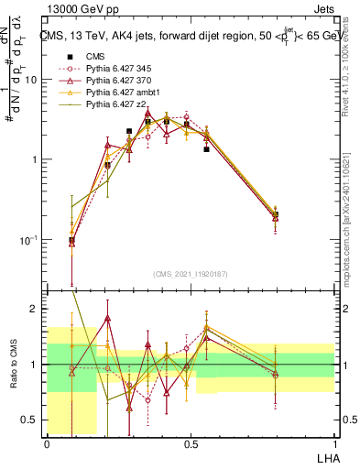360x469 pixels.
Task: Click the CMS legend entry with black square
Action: click(x=95, y=56)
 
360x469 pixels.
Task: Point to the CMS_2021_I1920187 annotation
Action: click(x=190, y=272)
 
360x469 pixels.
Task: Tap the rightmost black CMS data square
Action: click(x=276, y=214)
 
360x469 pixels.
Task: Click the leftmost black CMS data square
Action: click(x=71, y=240)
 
